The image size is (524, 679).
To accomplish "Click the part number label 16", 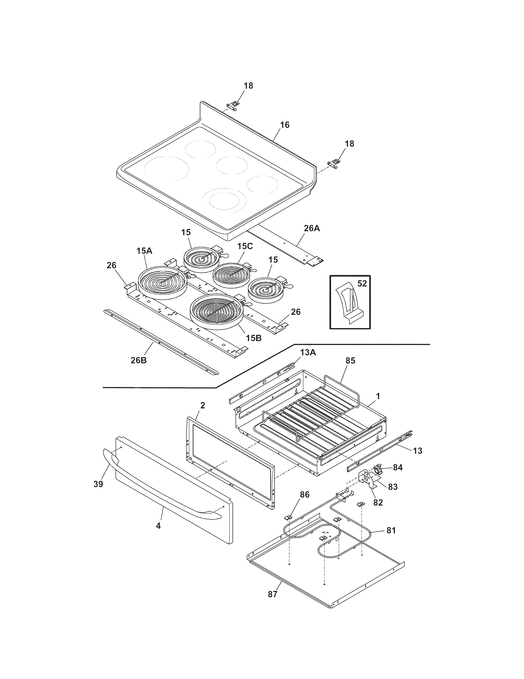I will pos(285,125).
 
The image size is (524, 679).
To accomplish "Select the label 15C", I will pos(245,246).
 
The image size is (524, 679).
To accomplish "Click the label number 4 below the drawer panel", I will pos(158,525).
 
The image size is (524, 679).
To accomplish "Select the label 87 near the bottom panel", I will pos(272,594).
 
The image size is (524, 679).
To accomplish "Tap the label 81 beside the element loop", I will pos(391,530).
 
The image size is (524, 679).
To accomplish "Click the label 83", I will pos(392,486).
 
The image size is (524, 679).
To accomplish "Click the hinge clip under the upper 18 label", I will pos(233,105).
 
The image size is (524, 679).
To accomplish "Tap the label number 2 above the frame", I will pos(203,406).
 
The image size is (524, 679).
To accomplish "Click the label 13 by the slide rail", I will pos(418,451).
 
